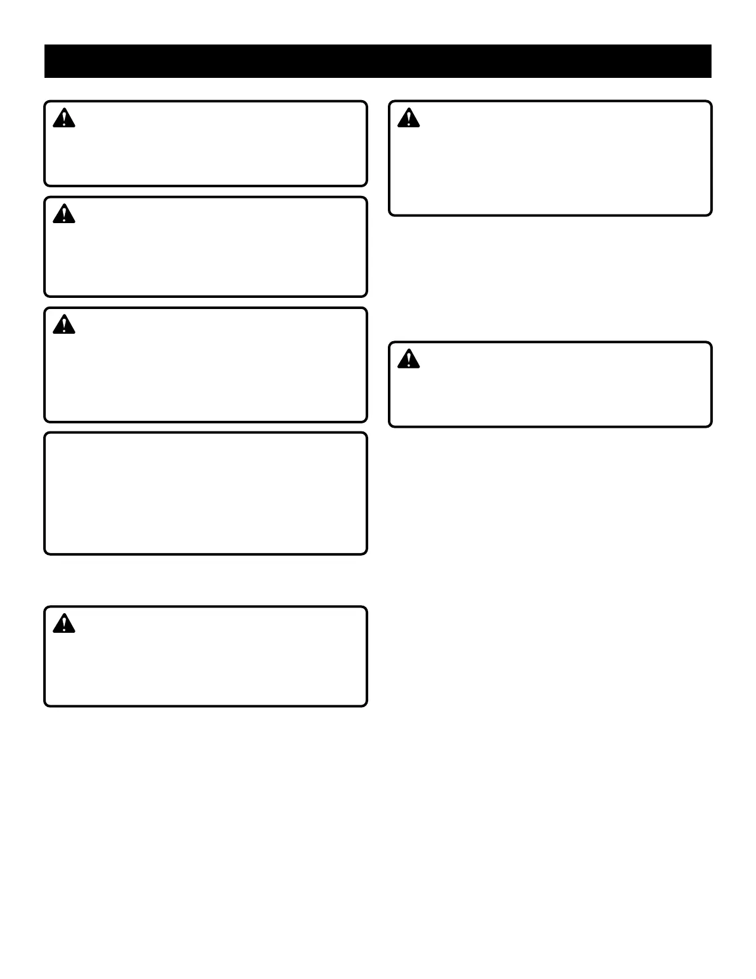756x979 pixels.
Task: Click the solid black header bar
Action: (378, 61)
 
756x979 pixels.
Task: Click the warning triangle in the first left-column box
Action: (64, 118)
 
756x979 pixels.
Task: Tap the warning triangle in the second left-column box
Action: (64, 214)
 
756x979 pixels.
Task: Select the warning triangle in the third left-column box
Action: (64, 324)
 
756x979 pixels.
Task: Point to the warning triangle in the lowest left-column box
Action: (64, 624)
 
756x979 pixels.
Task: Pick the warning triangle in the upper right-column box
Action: (408, 118)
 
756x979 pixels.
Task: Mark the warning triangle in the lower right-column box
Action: (408, 359)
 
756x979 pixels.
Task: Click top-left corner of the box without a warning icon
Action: (46, 434)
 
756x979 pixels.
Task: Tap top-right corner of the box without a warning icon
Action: (366, 434)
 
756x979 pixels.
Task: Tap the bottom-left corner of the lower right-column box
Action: (390, 425)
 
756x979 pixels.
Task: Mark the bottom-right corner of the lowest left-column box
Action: (366, 705)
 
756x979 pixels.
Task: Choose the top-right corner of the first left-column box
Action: (366, 103)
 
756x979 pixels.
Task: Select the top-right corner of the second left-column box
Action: (366, 198)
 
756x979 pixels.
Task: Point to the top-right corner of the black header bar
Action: (711, 45)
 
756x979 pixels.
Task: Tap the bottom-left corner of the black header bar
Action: (45, 77)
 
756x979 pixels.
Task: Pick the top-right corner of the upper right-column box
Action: (710, 103)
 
